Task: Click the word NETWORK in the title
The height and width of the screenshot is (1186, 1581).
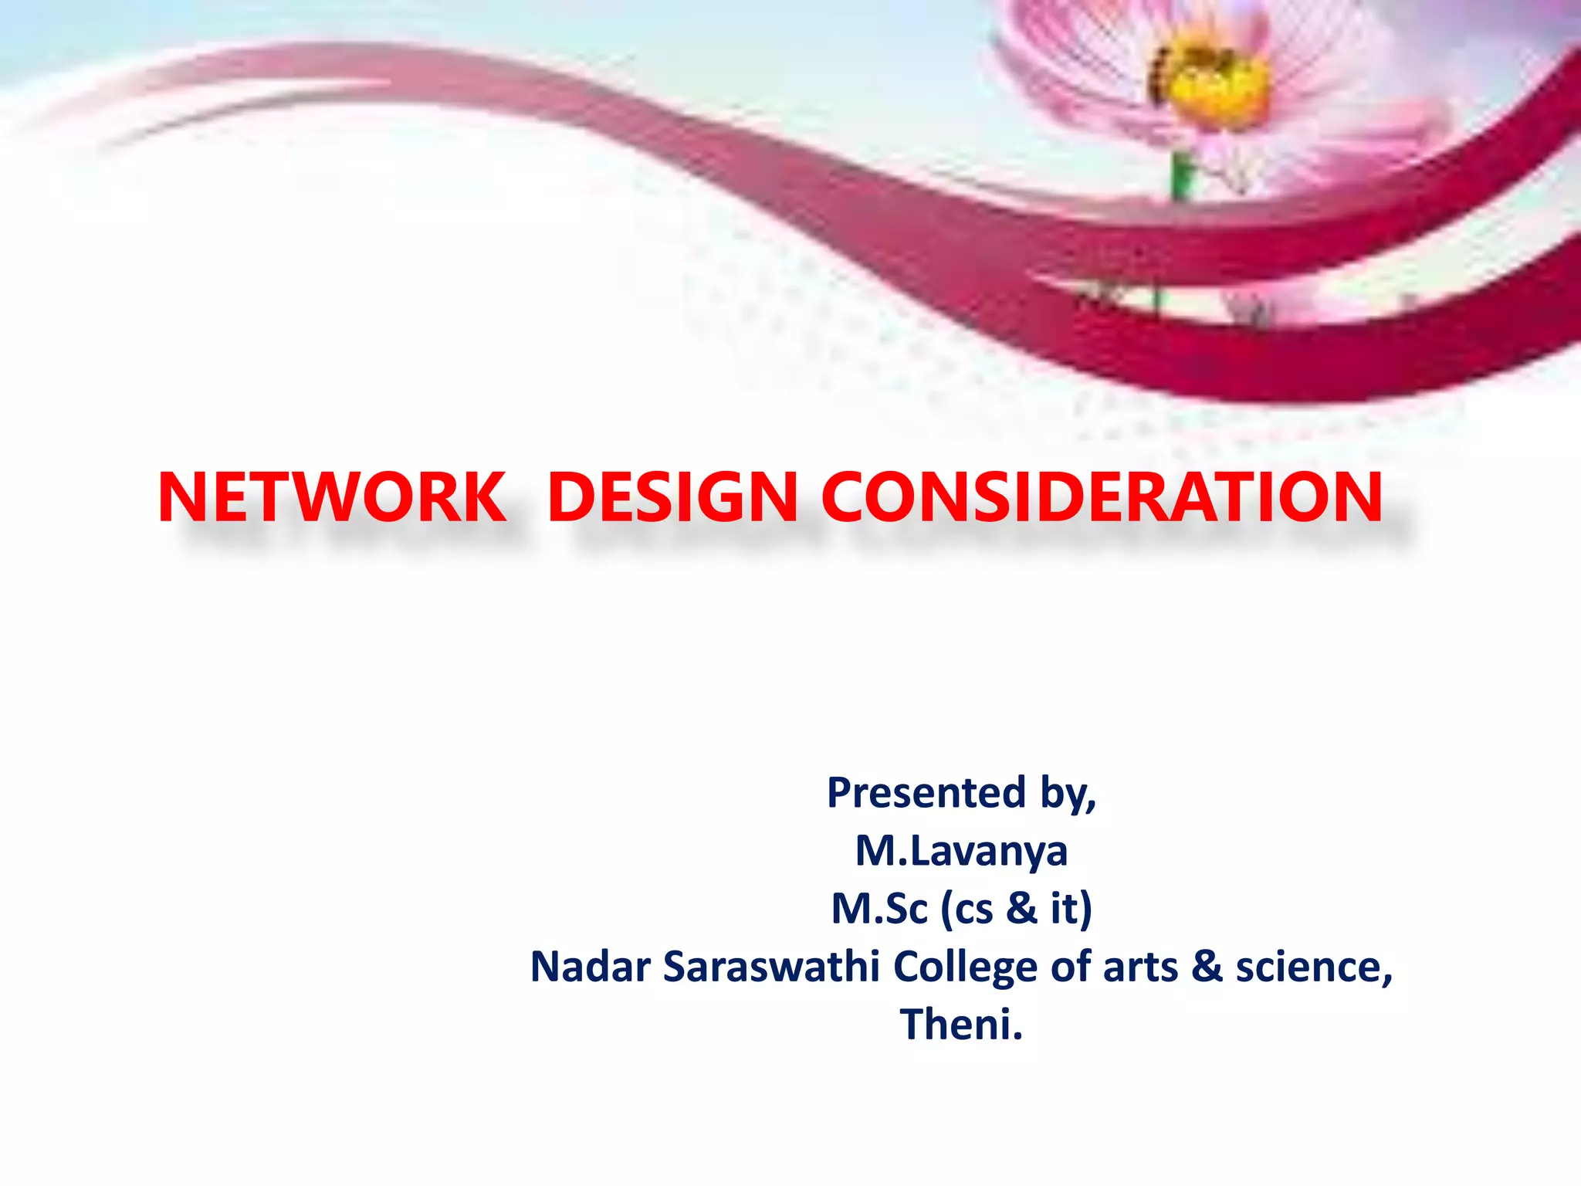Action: click(x=332, y=498)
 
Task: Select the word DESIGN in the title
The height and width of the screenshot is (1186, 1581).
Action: click(x=672, y=498)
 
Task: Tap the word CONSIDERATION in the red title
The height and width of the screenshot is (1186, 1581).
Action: click(x=1102, y=498)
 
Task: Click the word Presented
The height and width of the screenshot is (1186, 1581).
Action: click(x=927, y=793)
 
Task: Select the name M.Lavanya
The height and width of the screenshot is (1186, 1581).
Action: click(x=962, y=851)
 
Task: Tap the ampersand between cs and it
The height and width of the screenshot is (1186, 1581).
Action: click(x=1022, y=909)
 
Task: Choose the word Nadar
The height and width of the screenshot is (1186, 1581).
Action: click(x=590, y=967)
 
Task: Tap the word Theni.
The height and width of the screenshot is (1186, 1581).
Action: click(x=961, y=1025)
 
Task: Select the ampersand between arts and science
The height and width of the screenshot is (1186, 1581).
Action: click(x=1207, y=967)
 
